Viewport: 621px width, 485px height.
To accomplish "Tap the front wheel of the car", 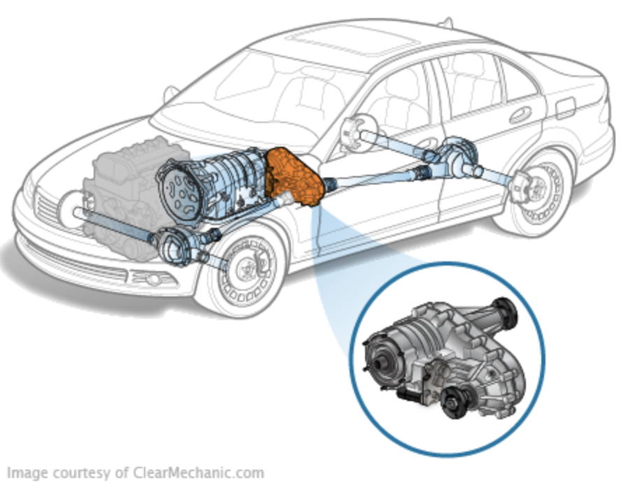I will (x=242, y=272).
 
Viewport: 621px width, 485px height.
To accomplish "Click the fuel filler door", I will (x=565, y=106).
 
